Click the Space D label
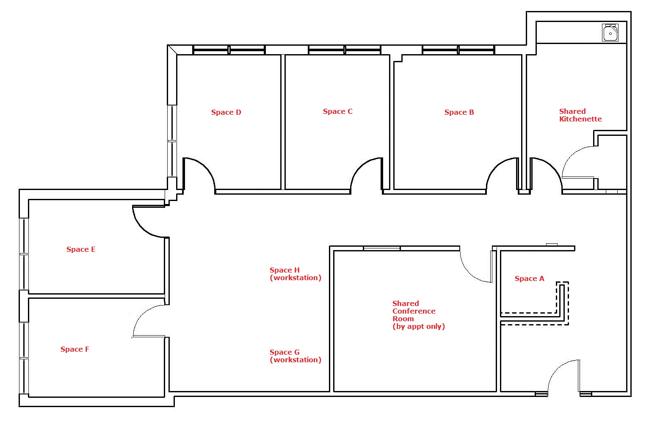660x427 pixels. pos(226,112)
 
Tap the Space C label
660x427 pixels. pos(338,111)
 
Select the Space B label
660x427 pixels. pos(459,112)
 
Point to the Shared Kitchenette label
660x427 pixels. pos(580,115)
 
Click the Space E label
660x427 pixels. pos(81,249)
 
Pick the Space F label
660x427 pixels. pos(75,349)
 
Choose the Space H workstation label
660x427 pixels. pos(295,274)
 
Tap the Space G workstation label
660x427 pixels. pos(295,356)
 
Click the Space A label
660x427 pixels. pos(529,278)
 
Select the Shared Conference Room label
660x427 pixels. pos(418,315)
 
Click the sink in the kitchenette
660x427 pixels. pos(610,33)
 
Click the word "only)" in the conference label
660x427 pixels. pos(434,327)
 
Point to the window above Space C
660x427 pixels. pos(345,50)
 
